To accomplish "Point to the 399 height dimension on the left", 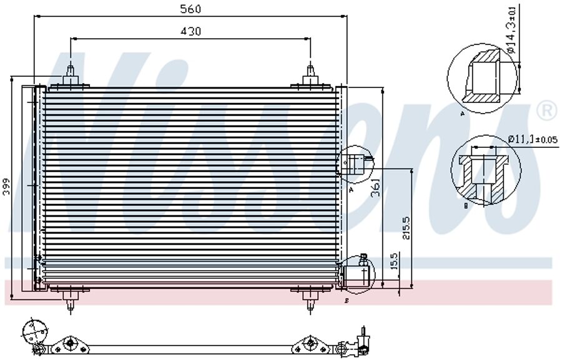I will [x=7, y=187].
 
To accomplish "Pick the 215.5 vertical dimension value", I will [x=407, y=228].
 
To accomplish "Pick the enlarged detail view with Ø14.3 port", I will [x=483, y=79].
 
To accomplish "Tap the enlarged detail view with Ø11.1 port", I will [x=486, y=172].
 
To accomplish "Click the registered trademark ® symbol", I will [x=546, y=111].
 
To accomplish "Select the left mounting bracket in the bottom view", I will [x=71, y=343].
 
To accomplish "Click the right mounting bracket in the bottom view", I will [x=310, y=343].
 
